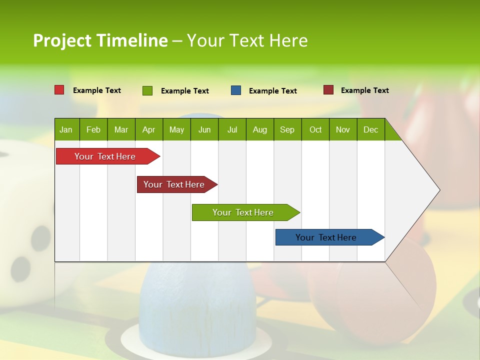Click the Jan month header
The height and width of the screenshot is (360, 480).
point(66,129)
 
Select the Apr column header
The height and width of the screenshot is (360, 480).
point(148,129)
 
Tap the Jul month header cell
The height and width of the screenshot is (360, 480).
point(232,129)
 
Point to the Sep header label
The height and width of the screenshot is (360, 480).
point(287,129)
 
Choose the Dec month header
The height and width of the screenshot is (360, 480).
point(370,129)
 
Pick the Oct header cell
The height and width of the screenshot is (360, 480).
point(315,129)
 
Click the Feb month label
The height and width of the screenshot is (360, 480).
point(93,129)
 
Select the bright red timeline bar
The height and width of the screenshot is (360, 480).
point(105,156)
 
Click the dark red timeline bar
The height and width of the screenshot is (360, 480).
point(174,184)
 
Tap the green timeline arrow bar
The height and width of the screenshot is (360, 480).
point(243,212)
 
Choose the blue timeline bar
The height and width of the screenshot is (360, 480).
point(326,237)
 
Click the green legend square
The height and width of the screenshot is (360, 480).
point(147,90)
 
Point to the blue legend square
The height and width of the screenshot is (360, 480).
point(236,90)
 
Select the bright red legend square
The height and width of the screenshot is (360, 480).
point(59,90)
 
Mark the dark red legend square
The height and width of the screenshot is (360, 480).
point(328,90)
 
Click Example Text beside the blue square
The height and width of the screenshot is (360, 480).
point(272,91)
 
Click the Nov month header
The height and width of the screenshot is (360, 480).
point(343,129)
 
